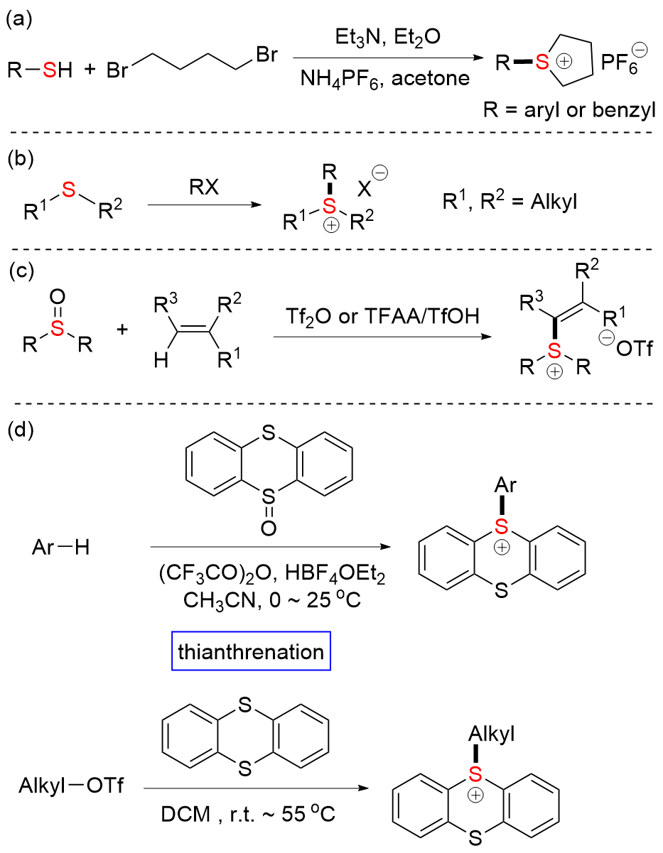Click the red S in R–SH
click(x=48, y=70)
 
